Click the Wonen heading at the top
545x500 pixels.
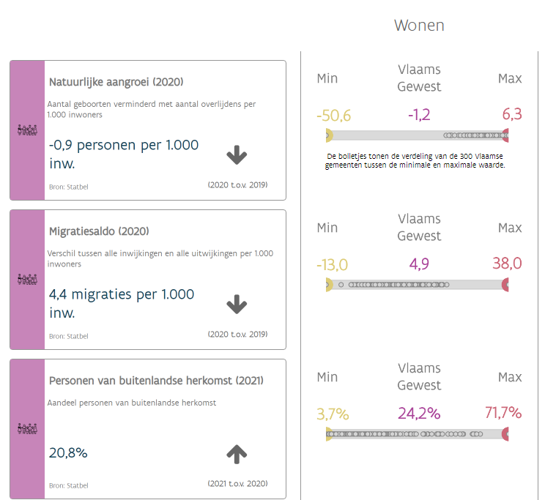tap(419, 26)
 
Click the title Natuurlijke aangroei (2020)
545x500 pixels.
tap(116, 82)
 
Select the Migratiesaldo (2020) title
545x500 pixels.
tap(99, 231)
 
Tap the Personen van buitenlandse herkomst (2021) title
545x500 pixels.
tap(156, 381)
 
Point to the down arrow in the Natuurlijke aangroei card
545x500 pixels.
tap(237, 154)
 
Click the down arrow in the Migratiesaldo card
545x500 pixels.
tap(237, 304)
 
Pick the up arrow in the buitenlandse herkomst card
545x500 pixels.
tap(237, 454)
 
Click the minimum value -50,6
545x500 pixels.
tap(334, 115)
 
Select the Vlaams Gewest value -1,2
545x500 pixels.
tap(419, 115)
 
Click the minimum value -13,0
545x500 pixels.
tap(332, 264)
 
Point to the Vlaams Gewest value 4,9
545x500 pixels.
tap(419, 264)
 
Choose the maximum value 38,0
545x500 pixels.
tap(507, 264)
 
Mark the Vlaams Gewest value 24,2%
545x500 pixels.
tap(419, 414)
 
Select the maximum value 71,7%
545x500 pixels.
tap(503, 414)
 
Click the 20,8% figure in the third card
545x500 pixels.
tap(68, 453)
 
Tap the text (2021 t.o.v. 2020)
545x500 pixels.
tap(237, 483)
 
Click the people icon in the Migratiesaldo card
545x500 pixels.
tap(27, 280)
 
